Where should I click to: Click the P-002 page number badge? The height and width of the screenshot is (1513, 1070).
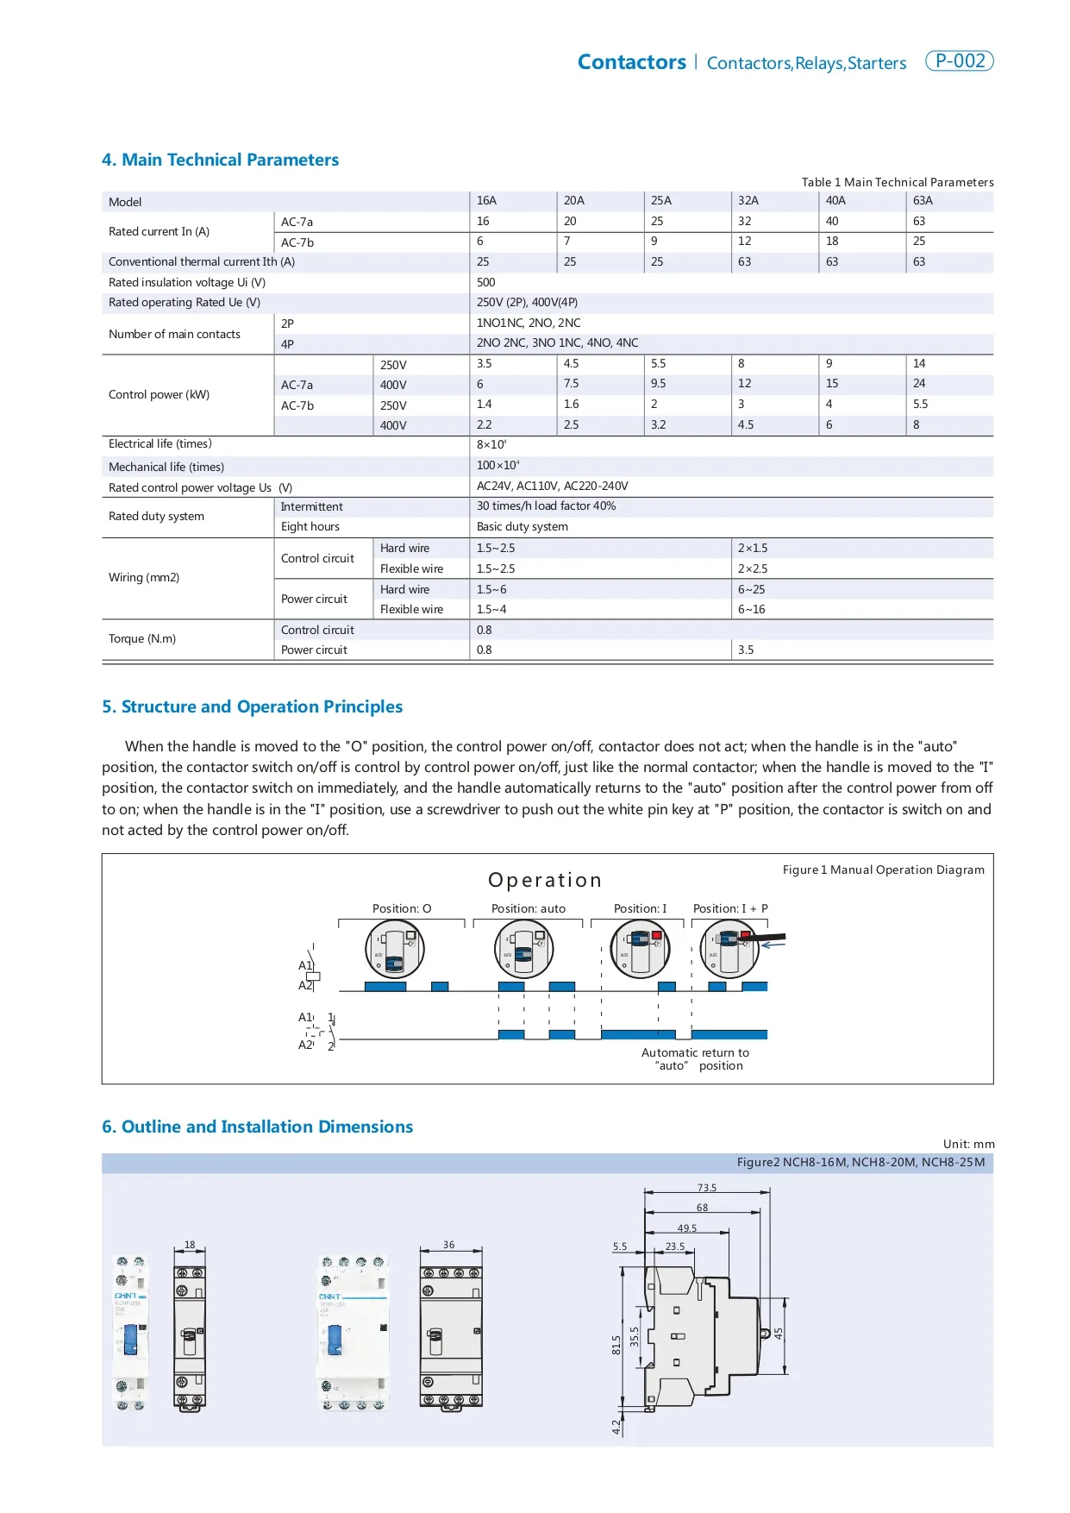[959, 61]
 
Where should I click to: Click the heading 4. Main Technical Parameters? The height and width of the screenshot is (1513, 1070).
[220, 160]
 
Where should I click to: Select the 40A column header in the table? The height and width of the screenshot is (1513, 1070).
[835, 200]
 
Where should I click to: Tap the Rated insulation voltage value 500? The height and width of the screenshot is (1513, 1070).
[486, 282]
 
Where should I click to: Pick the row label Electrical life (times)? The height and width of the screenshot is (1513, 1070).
[160, 443]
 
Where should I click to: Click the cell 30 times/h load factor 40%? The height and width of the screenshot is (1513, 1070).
[546, 505]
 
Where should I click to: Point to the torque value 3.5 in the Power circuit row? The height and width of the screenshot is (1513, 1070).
[746, 650]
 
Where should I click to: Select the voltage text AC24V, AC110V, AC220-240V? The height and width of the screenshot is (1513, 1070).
[552, 486]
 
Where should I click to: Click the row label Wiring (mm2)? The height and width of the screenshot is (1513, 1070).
[144, 577]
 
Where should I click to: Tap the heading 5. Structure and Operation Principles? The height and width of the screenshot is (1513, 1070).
[252, 706]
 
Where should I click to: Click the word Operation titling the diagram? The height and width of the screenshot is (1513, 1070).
[545, 880]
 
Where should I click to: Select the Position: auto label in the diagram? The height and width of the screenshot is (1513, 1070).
[529, 908]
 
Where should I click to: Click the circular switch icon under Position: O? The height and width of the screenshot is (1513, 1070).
[395, 949]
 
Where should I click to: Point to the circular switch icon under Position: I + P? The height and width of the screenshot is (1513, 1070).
[729, 949]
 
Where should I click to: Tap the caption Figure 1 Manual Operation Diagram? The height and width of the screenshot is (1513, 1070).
[883, 870]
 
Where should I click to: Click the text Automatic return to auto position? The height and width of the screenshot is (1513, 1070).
[696, 1058]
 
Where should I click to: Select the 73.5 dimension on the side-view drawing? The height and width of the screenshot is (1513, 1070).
[707, 1188]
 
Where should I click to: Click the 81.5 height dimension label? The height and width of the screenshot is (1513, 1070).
[616, 1345]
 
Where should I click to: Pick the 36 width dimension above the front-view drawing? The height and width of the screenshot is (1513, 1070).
[449, 1245]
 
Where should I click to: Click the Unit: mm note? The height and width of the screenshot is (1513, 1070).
[968, 1144]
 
